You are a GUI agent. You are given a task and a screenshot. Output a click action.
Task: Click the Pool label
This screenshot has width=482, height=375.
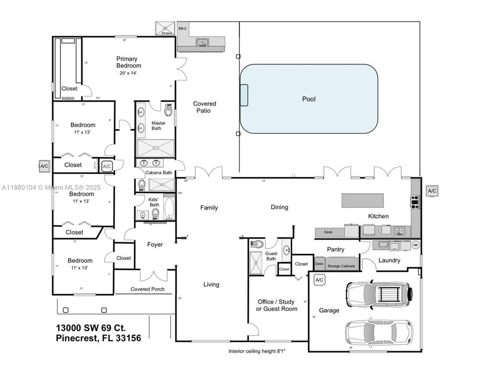(x=309, y=99)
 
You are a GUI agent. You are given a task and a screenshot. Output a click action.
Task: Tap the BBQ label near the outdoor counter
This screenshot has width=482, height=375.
(x=182, y=29)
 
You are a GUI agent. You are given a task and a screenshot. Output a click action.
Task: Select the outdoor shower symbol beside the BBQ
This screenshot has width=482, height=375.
(x=166, y=29)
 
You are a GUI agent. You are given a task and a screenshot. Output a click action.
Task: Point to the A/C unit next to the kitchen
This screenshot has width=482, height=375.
(x=432, y=191)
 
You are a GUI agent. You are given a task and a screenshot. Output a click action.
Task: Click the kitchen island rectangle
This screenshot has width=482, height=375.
(x=362, y=200)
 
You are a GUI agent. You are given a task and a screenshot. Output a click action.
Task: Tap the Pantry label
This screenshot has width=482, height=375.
(x=336, y=249)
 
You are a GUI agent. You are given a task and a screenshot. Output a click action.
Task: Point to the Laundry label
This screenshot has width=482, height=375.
(x=389, y=260)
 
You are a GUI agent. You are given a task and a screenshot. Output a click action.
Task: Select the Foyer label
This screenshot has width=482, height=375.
(x=155, y=244)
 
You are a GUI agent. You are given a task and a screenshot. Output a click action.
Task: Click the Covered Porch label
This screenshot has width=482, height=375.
(x=147, y=289)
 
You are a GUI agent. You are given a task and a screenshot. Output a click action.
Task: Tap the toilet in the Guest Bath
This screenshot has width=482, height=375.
(x=259, y=244)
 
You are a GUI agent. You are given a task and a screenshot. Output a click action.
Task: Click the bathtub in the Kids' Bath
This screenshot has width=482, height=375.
(x=170, y=209)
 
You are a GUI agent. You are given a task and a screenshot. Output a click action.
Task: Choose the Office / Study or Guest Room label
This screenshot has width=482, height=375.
(x=277, y=305)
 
